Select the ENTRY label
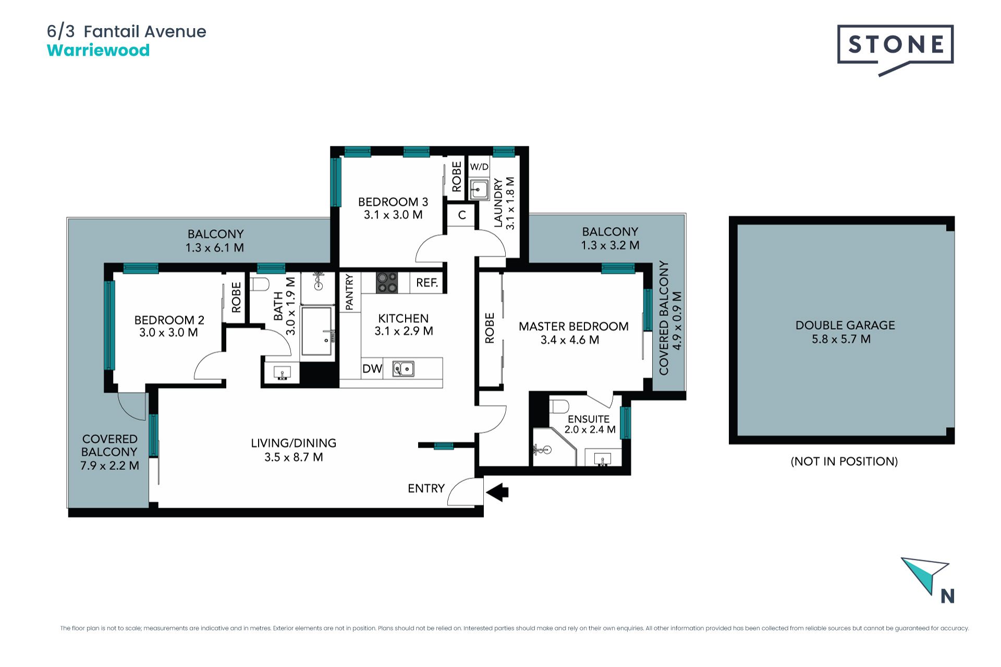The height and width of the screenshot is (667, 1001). click(426, 488)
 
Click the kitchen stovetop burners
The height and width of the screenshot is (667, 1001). click(387, 282)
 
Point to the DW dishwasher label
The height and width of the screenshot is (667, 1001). click(372, 369)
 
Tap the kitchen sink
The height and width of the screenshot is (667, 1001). click(403, 369)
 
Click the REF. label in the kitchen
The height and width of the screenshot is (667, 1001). click(427, 282)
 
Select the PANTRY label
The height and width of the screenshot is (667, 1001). click(349, 292)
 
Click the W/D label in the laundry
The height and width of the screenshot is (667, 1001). click(479, 167)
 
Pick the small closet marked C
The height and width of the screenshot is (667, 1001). click(462, 215)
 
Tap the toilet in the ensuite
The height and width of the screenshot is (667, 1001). click(560, 405)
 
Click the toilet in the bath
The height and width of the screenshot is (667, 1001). click(260, 284)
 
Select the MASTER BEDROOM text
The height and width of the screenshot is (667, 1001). click(573, 327)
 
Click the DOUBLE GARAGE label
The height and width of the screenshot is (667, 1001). click(845, 325)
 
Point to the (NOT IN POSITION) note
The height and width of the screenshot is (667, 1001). click(844, 461)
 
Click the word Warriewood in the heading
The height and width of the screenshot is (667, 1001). click(99, 51)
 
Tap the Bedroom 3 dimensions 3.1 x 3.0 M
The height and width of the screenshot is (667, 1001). click(393, 215)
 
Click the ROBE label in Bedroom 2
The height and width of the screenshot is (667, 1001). click(236, 297)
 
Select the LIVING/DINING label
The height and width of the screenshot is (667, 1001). click(294, 443)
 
